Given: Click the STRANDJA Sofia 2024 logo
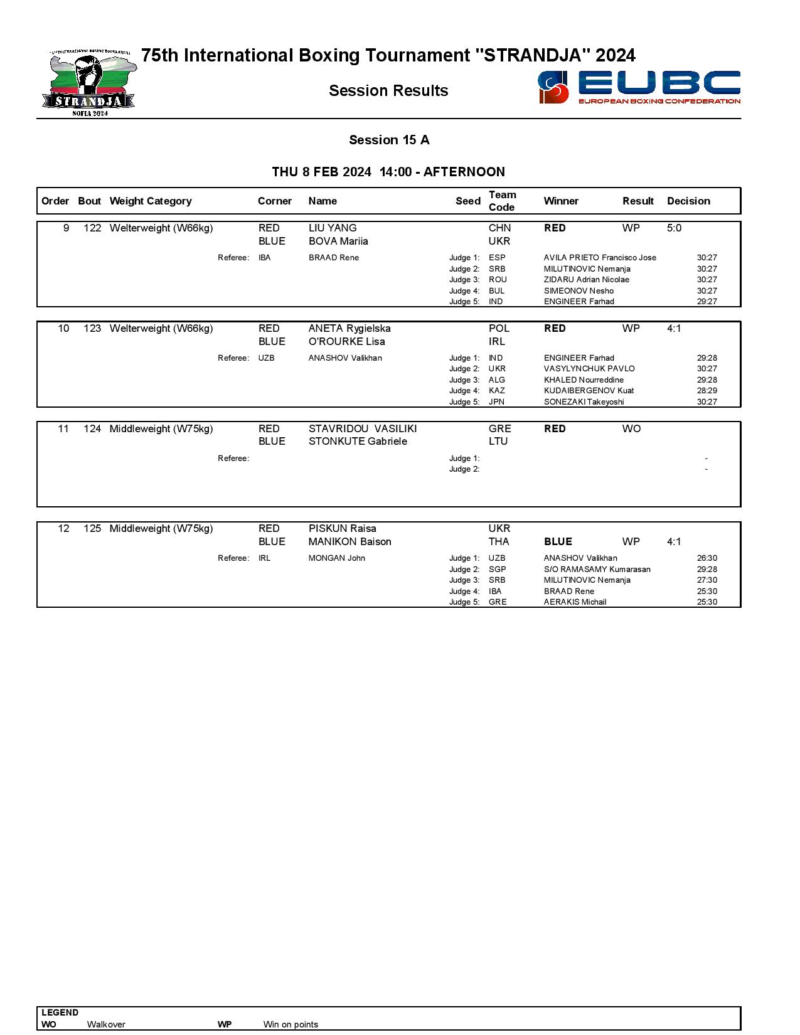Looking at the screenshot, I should coord(89,83).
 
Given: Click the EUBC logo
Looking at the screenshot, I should coord(639,87).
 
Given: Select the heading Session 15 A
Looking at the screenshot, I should coord(389,140).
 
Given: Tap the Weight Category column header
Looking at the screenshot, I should coord(150,201).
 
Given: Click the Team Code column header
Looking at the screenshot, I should coord(502,201).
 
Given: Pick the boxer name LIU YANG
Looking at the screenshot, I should coord(333,228).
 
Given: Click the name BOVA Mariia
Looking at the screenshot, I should coord(338,241).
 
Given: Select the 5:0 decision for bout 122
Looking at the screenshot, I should coord(674,228).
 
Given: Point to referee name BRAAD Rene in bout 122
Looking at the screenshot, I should coord(334,258).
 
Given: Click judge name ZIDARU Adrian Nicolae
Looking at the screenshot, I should coord(586,280).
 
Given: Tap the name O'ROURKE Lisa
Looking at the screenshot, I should coord(346,341).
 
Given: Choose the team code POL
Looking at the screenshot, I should coord(499,328).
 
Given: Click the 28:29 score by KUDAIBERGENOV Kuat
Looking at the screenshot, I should coord(707,391).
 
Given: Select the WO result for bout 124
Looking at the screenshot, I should coord(631,428).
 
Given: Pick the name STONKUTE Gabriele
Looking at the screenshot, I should coord(358,441).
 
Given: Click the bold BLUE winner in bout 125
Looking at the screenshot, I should coord(558,541).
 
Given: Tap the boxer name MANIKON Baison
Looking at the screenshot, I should coord(349,541).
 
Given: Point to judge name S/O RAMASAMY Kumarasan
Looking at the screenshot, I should coord(597,570).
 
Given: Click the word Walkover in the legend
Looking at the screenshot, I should coord(106,1024).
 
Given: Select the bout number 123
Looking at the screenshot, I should coord(92,328).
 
